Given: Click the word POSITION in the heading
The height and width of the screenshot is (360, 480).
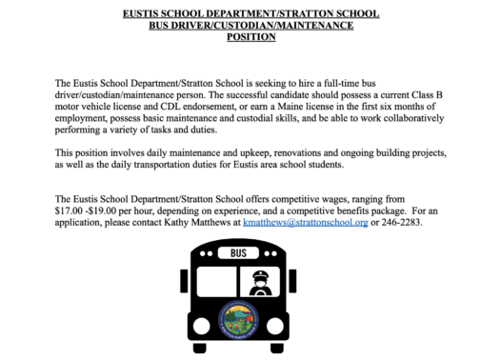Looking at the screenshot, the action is [x=239, y=37].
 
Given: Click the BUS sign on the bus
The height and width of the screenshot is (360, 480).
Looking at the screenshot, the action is [x=239, y=254].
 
